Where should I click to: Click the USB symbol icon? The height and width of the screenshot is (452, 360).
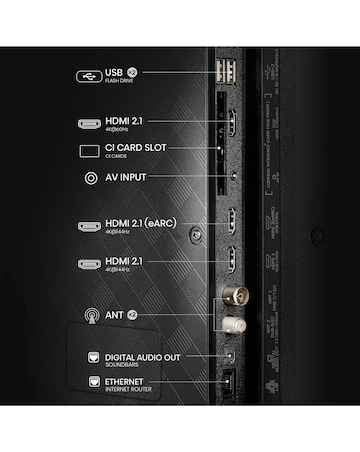click(88, 74)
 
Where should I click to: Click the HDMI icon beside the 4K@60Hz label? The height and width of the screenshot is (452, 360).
click(88, 124)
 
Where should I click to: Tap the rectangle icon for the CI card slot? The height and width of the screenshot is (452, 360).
click(88, 151)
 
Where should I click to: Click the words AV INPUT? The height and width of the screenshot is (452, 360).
click(126, 178)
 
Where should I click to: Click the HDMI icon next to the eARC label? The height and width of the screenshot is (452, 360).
click(88, 226)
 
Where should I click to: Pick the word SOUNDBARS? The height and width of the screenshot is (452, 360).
click(120, 363)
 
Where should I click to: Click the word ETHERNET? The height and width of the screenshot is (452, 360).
click(124, 381)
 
